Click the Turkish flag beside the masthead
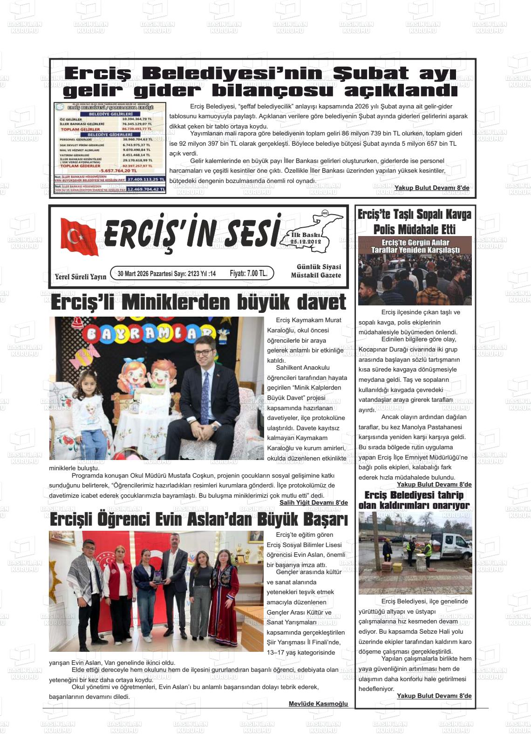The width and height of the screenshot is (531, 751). pyautogui.click(x=79, y=237)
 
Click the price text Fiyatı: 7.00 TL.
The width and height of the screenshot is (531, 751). pyautogui.click(x=248, y=273)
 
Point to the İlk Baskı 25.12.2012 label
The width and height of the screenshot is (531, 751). pyautogui.click(x=306, y=238)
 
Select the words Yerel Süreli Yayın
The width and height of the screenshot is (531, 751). pyautogui.click(x=80, y=277)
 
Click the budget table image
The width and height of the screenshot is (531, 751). pyautogui.click(x=110, y=148)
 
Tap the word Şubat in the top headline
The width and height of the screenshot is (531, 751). pyautogui.click(x=371, y=74)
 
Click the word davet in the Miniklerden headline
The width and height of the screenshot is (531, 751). pyautogui.click(x=321, y=302)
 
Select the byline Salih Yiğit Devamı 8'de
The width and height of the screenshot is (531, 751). pyautogui.click(x=313, y=503)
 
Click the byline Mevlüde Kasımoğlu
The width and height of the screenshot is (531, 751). pyautogui.click(x=318, y=704)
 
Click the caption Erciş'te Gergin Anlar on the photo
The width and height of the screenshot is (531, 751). pyautogui.click(x=415, y=243)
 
